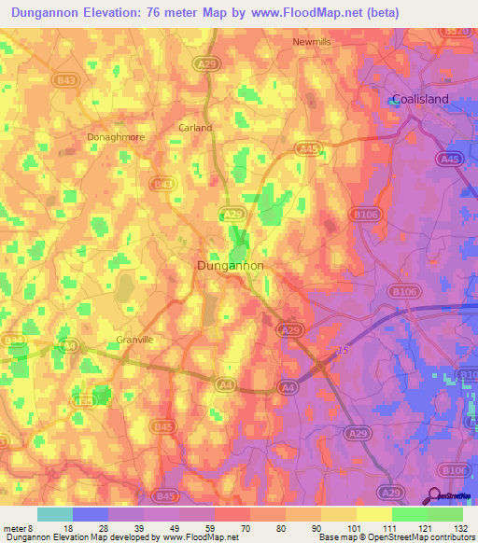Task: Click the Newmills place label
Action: click(313, 42)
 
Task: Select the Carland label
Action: click(195, 128)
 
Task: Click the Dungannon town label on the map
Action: click(231, 266)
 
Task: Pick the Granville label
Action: click(134, 340)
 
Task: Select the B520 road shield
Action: click(455, 31)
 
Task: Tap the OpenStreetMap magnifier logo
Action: click(435, 496)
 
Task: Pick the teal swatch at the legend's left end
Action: click(55, 514)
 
